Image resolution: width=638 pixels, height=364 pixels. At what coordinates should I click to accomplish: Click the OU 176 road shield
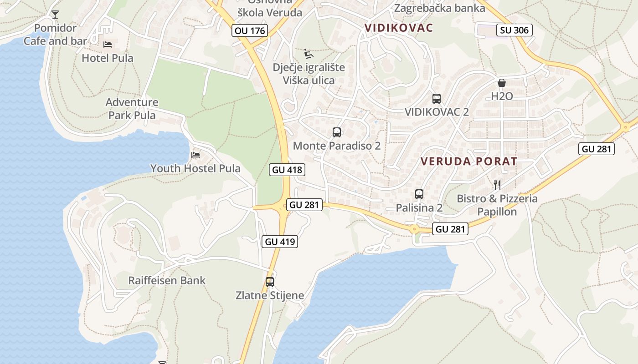pyautogui.click(x=249, y=30)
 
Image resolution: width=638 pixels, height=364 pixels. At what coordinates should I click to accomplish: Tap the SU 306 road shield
pyautogui.click(x=515, y=30)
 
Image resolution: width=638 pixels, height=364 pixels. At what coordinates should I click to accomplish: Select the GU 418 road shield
pyautogui.click(x=287, y=170)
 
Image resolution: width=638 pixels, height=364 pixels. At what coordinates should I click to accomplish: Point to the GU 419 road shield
pyautogui.click(x=280, y=242)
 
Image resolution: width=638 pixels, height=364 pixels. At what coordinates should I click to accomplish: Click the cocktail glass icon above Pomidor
pyautogui.click(x=55, y=15)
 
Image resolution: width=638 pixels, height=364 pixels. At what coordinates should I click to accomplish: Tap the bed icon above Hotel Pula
pyautogui.click(x=108, y=44)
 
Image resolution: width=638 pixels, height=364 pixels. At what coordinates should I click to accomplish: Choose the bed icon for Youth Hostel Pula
pyautogui.click(x=196, y=155)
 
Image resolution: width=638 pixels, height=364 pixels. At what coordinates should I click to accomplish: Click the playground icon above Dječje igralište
pyautogui.click(x=309, y=54)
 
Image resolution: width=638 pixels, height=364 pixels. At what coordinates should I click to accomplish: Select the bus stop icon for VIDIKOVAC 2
pyautogui.click(x=436, y=98)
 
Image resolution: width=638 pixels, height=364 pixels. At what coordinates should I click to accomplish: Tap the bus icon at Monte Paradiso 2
pyautogui.click(x=337, y=132)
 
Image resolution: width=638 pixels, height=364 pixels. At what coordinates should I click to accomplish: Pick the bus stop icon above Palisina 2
pyautogui.click(x=419, y=194)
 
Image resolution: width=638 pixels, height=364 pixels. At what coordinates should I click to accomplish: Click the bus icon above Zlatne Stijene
pyautogui.click(x=270, y=282)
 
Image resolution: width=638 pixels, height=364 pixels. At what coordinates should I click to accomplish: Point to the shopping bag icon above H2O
pyautogui.click(x=502, y=83)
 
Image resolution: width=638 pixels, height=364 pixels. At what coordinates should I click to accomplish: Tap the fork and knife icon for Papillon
pyautogui.click(x=497, y=185)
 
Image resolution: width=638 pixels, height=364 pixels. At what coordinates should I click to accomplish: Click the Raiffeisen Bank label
pyautogui.click(x=167, y=280)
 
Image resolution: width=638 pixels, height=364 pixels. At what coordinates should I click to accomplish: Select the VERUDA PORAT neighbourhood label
pyautogui.click(x=469, y=162)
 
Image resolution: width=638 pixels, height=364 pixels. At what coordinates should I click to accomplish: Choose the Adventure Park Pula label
pyautogui.click(x=132, y=109)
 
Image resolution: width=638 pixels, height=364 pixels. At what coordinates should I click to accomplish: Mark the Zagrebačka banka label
pyautogui.click(x=439, y=8)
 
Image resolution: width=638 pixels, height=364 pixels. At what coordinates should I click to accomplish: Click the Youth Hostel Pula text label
pyautogui.click(x=196, y=168)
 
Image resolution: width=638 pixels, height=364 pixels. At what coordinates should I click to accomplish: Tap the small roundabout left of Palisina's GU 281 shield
pyautogui.click(x=414, y=229)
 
